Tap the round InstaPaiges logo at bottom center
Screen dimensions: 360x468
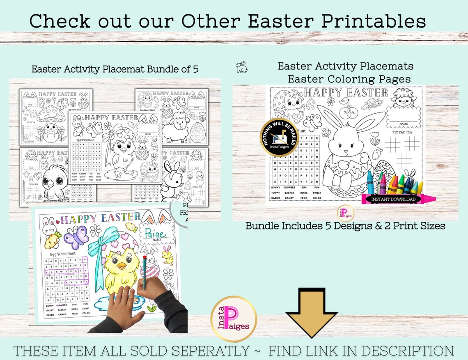coord(234,319)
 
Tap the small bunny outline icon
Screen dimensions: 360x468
coord(241,67)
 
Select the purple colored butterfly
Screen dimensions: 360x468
coord(76,237)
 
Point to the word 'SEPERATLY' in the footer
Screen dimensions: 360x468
coord(209,351)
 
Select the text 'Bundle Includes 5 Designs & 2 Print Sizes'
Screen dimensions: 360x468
coord(345,225)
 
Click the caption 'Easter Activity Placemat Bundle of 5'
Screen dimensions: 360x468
coord(115,69)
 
